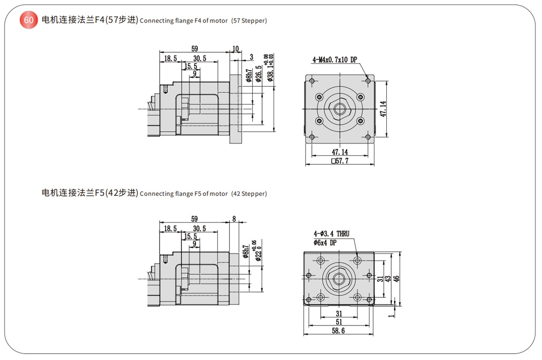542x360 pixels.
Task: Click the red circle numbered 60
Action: (x=29, y=20)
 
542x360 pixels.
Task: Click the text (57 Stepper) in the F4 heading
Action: (x=249, y=21)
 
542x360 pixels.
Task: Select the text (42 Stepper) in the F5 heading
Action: (x=249, y=194)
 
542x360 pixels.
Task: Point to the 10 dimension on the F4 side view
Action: (x=236, y=49)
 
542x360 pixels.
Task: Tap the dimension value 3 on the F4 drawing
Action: (x=251, y=57)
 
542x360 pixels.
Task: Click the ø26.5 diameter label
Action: (x=259, y=73)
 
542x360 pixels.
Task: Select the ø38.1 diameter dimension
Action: (x=269, y=68)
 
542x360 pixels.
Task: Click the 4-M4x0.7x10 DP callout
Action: (x=335, y=60)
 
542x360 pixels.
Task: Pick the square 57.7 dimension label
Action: (x=340, y=161)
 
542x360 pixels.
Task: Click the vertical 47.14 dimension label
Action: (x=383, y=109)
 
